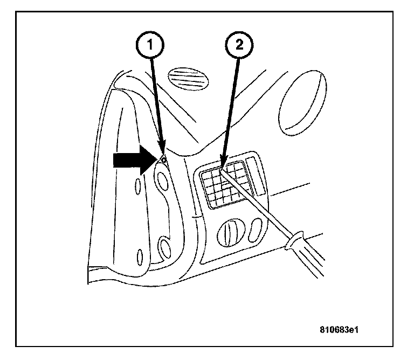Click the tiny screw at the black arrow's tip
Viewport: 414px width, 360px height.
163,160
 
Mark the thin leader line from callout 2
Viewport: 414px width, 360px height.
230,108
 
